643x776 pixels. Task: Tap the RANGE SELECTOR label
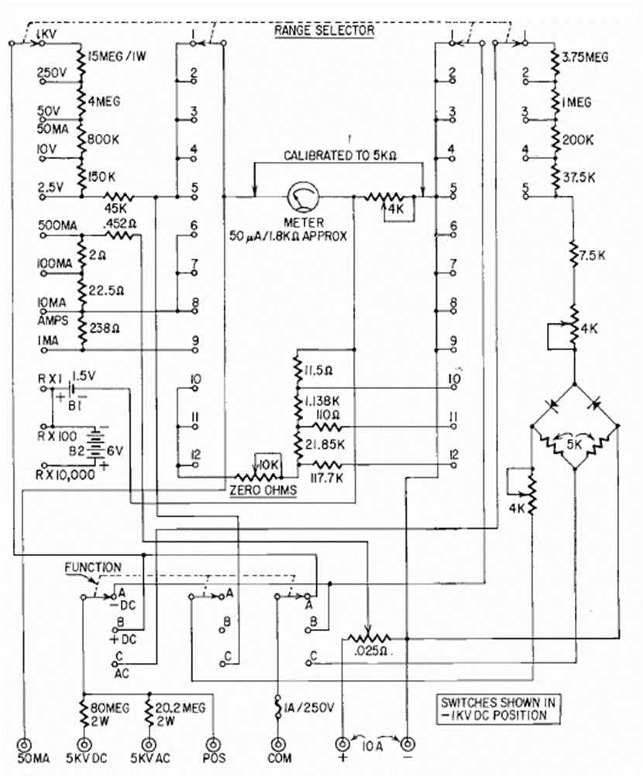point(325,31)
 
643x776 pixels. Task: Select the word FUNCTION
point(93,568)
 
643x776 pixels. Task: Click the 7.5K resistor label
point(593,256)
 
